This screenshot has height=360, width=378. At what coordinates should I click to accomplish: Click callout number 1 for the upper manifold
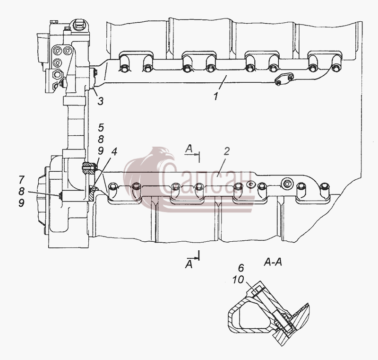pyautogui.click(x=216, y=97)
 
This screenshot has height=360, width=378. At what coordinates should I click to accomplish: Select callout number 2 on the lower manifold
pyautogui.click(x=226, y=151)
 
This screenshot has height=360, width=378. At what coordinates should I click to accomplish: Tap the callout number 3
pyautogui.click(x=100, y=101)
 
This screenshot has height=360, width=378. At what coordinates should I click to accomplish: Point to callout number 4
pyautogui.click(x=114, y=151)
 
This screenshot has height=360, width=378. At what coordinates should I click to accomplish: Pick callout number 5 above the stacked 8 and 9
pyautogui.click(x=101, y=127)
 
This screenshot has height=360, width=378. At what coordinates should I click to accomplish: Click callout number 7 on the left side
pyautogui.click(x=21, y=179)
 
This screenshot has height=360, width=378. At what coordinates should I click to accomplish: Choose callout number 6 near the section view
pyautogui.click(x=241, y=268)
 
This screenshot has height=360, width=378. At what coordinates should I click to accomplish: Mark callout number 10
pyautogui.click(x=238, y=280)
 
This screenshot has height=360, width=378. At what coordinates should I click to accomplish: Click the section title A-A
pyautogui.click(x=273, y=262)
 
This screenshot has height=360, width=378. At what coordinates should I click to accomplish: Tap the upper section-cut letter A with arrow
pyautogui.click(x=189, y=149)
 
